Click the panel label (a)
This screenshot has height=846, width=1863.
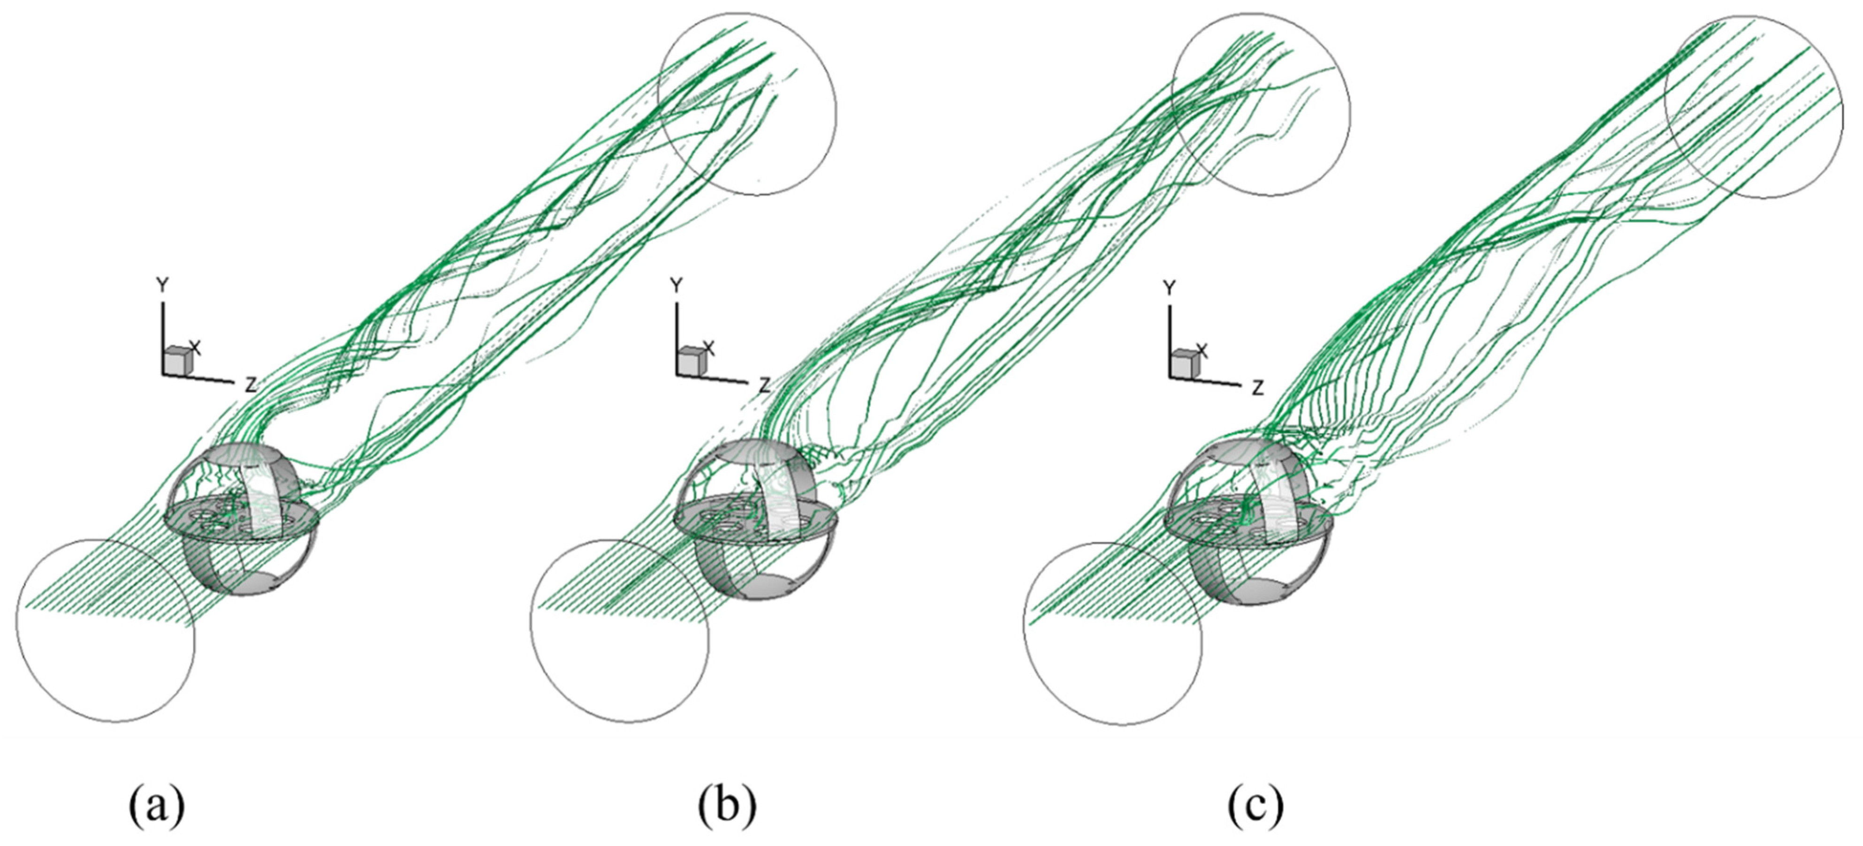[x=156, y=807]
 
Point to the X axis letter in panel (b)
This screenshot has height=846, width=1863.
[x=709, y=348]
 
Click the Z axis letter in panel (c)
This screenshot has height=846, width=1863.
[x=1258, y=387]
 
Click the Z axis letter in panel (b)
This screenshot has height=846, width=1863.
[x=764, y=384]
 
